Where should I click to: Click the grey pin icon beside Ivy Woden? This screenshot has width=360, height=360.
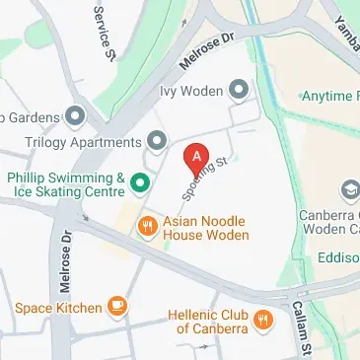pyautogui.click(x=238, y=91)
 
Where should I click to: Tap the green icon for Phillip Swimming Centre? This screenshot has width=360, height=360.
pyautogui.click(x=141, y=180)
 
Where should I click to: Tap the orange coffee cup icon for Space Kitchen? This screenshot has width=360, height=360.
pyautogui.click(x=117, y=307)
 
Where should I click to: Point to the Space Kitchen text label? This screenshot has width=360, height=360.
pyautogui.click(x=57, y=308)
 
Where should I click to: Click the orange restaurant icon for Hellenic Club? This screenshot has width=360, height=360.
pyautogui.click(x=263, y=319)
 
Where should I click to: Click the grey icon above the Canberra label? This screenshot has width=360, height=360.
pyautogui.click(x=349, y=188)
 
